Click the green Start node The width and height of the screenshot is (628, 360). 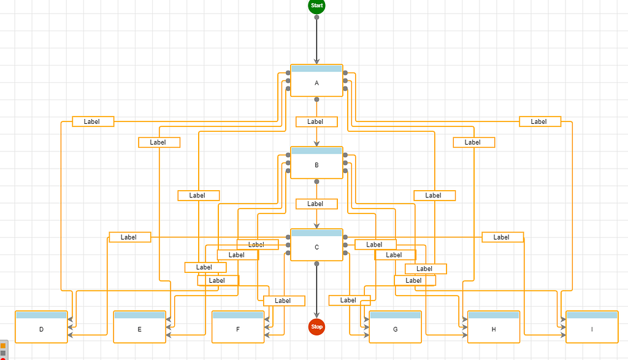[x=316, y=6]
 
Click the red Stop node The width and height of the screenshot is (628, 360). [x=316, y=327]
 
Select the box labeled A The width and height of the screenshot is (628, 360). [x=316, y=83]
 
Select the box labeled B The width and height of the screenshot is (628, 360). [x=316, y=166]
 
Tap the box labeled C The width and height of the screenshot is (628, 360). [x=316, y=248]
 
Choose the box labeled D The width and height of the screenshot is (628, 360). [x=41, y=329]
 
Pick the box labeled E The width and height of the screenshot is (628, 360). [x=139, y=329]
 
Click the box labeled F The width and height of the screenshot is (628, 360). [x=237, y=329]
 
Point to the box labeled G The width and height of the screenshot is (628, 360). [x=395, y=329]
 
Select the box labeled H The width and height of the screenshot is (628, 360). [x=493, y=329]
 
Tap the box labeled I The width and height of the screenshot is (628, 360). [x=592, y=329]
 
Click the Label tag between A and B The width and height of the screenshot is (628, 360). [x=316, y=121]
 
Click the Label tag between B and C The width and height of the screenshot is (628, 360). [x=316, y=204]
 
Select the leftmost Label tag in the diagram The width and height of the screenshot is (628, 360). [x=93, y=121]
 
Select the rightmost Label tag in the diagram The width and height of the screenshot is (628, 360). [x=540, y=121]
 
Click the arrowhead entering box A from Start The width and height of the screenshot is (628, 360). [x=316, y=61]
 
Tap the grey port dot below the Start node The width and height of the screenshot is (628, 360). [x=316, y=17]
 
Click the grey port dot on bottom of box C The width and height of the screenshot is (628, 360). [x=316, y=263]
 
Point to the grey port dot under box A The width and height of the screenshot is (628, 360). [x=316, y=99]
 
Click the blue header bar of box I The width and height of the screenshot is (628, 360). [x=592, y=315]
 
